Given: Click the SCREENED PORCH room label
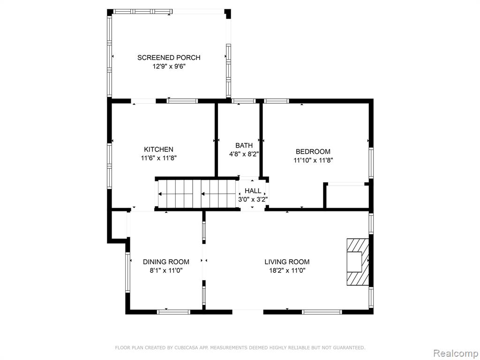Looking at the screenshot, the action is point(169,58).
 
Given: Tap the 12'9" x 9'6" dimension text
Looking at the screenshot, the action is point(169,66).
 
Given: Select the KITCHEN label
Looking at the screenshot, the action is point(158,150).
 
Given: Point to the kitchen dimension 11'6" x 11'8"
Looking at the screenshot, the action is point(159,158).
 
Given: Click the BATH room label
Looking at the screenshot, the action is point(244,145).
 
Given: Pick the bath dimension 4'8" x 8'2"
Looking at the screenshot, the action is point(244,154).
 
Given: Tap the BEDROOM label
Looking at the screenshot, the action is point(313,151).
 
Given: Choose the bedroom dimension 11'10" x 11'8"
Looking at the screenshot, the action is point(313,160).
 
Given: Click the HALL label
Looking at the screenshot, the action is point(253,191).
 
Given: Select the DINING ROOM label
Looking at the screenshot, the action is point(166,262).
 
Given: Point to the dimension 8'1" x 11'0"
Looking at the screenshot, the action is point(166,270).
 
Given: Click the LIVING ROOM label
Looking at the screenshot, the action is point(287,262).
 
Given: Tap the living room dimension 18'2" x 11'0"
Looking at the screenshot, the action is point(287,270).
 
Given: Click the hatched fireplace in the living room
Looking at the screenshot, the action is point(358,262).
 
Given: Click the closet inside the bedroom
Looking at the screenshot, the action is point(347,196).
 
